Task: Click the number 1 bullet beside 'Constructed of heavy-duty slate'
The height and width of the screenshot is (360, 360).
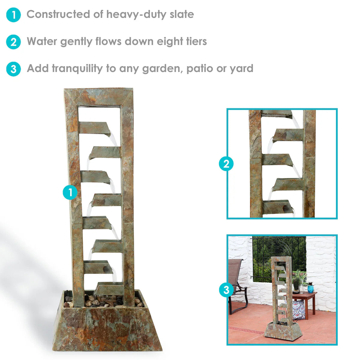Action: pos(13,15)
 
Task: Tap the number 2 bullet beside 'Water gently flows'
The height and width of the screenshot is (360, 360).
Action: pos(13,42)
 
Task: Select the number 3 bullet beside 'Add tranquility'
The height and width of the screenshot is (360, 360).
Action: pos(13,69)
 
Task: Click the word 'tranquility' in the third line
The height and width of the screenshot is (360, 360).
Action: pos(77,68)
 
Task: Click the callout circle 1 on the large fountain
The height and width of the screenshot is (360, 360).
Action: pos(70,192)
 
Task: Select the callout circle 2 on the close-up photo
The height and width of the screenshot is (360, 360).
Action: pos(226,164)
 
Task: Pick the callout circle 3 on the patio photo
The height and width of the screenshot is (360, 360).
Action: pos(226,290)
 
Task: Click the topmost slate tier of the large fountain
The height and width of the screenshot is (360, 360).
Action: pos(94,127)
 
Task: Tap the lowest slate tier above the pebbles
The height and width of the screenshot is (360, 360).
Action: pos(109,289)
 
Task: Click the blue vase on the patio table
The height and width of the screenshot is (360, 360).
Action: pos(310,288)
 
